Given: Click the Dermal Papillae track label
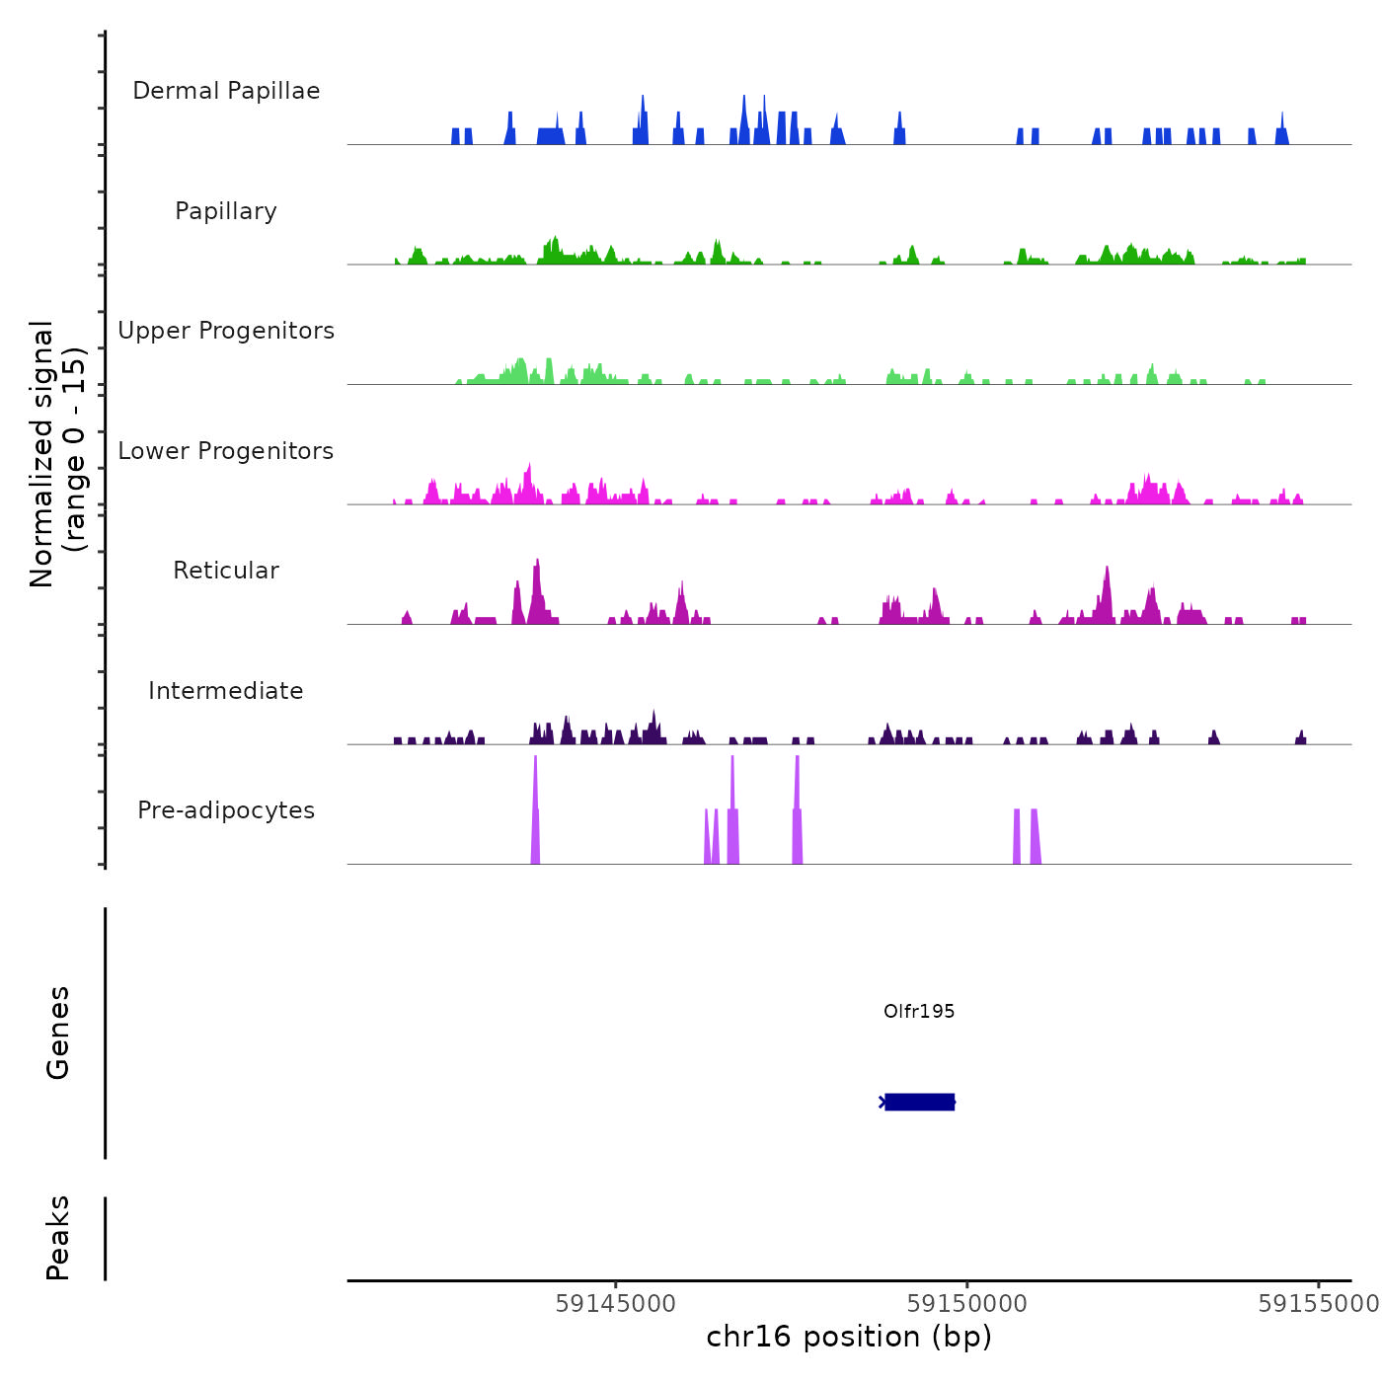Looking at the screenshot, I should [x=226, y=91].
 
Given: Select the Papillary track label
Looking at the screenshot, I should [x=226, y=211].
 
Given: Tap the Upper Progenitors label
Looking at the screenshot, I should [x=226, y=331].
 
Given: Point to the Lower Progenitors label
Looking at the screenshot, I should [x=226, y=451].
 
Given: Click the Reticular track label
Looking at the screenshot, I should [x=226, y=571].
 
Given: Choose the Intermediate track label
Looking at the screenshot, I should [x=226, y=691].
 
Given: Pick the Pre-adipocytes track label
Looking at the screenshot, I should [x=226, y=810].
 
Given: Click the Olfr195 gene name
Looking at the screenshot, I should [x=919, y=1011].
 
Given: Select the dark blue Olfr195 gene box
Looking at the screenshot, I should [x=919, y=1102].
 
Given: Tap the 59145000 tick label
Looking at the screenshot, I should [x=616, y=1303].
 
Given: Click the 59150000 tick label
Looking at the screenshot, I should [x=967, y=1303].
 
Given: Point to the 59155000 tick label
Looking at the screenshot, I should [x=1318, y=1303].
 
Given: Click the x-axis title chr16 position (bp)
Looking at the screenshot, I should [x=849, y=1337].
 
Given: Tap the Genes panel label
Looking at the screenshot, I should [x=58, y=1033].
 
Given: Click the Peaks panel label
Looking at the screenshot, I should [x=58, y=1238].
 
